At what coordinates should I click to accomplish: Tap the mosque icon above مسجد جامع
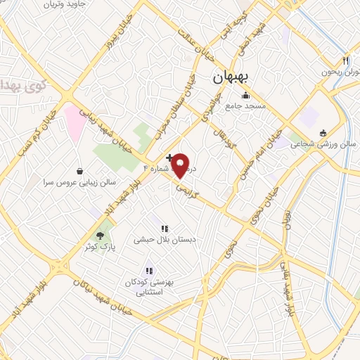(245, 96)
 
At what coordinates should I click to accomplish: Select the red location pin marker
(181, 166)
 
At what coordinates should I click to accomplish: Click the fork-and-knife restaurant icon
(345, 61)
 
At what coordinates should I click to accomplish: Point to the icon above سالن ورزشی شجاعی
(323, 132)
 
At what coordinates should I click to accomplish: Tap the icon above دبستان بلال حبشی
(165, 229)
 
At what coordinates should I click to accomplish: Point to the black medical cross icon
(169, 157)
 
